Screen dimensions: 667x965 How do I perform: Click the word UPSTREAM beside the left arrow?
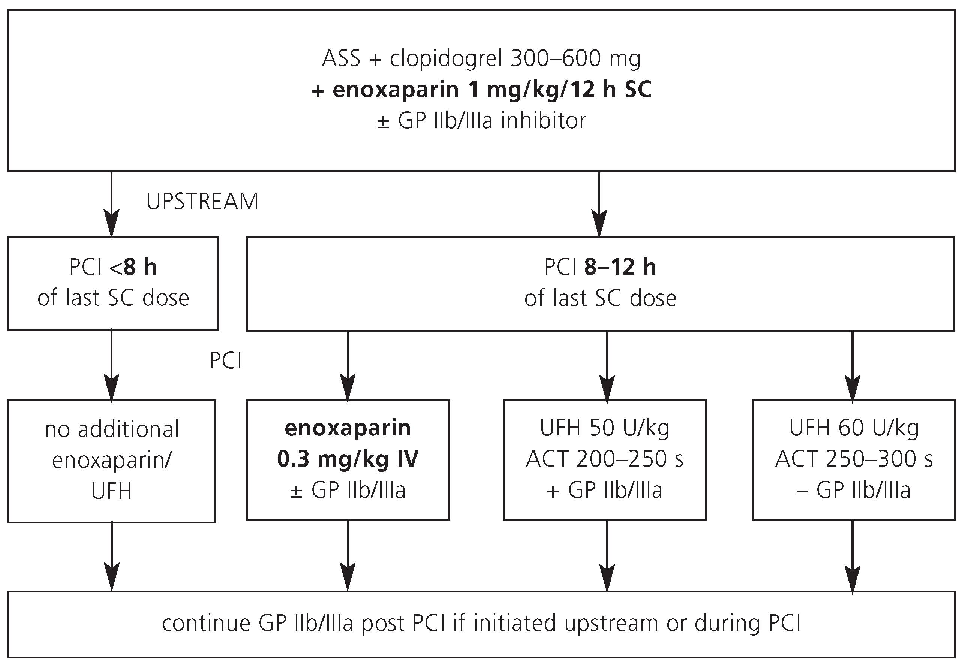(x=202, y=202)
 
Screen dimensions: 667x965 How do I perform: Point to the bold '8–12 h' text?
(x=620, y=267)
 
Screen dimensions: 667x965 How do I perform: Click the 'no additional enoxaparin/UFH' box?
(x=112, y=460)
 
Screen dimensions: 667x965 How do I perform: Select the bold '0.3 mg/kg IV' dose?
(x=348, y=459)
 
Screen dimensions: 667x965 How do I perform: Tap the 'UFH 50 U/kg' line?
(x=605, y=428)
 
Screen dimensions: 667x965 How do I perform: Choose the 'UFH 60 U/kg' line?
(x=854, y=428)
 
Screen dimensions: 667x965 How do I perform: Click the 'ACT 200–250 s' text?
(x=605, y=459)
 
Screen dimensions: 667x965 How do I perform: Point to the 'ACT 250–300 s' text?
(x=854, y=459)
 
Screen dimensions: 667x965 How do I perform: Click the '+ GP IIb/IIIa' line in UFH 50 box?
(x=605, y=490)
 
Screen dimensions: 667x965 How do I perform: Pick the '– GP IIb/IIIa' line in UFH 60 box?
(x=854, y=490)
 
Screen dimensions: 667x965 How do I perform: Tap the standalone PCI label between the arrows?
(x=225, y=360)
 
